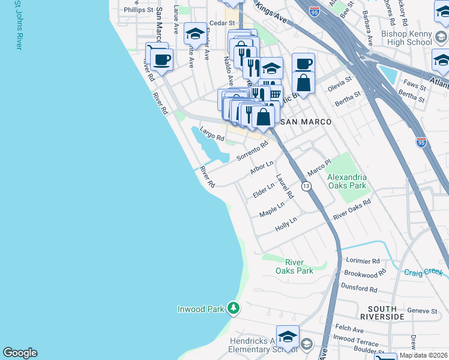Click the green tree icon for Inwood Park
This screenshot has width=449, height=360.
tap(233, 309)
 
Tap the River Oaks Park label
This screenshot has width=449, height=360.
tap(294, 266)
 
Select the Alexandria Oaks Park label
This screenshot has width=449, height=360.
tap(346, 181)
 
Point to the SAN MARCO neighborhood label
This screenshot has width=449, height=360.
tap(306, 122)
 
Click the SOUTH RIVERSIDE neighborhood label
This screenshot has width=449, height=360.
tap(382, 312)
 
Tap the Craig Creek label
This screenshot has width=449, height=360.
tap(424, 272)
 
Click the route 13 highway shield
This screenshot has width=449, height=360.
tap(306, 187)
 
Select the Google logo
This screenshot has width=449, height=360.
tap(20, 353)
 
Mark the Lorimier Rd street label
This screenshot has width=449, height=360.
tap(363, 261)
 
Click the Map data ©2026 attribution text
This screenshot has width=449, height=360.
tap(423, 355)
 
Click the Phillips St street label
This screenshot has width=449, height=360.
tap(139, 10)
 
